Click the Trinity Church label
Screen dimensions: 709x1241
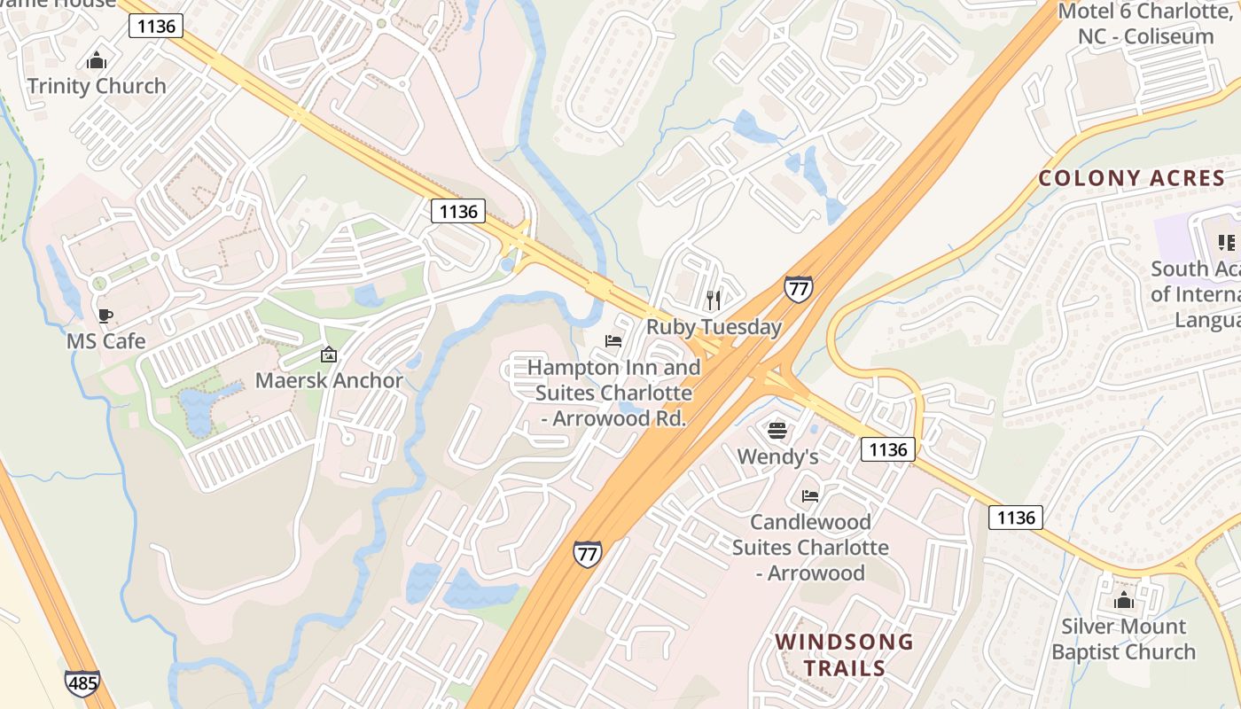[x=97, y=86]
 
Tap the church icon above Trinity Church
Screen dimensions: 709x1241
[x=97, y=60]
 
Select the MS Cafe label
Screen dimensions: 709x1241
[x=105, y=340]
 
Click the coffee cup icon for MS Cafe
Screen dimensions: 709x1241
[x=105, y=316]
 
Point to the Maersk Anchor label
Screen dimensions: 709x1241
[x=329, y=380]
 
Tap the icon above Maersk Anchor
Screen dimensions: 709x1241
[x=329, y=355]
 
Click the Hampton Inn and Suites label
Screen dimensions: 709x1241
[x=613, y=392]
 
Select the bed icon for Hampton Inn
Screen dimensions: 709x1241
[x=613, y=341]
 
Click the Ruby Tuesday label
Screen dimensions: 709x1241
[x=714, y=326]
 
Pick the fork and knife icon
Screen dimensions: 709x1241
[x=714, y=300]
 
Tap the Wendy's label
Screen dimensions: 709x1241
[x=777, y=456]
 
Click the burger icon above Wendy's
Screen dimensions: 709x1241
[x=777, y=432]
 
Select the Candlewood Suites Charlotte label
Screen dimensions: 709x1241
[x=810, y=547]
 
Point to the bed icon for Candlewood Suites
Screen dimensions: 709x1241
[x=809, y=496]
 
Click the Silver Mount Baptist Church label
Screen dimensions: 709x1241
[x=1123, y=639]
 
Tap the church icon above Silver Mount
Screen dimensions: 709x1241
[x=1124, y=601]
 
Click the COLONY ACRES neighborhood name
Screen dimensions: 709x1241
[x=1131, y=178]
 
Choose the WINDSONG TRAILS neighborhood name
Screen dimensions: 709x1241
[x=844, y=654]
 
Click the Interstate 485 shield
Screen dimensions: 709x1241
[x=82, y=682]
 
